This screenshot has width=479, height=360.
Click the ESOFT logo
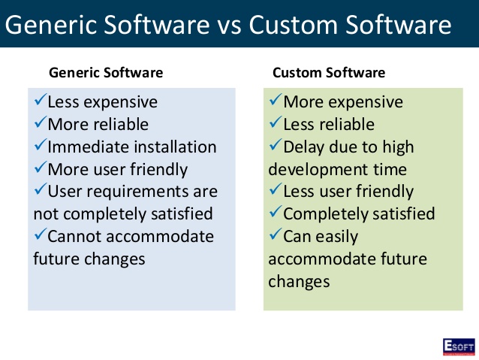[x=458, y=346]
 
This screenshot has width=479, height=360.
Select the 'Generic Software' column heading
[x=105, y=73]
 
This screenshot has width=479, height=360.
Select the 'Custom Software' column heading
[x=328, y=73]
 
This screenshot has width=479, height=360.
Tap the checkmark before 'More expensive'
[x=276, y=101]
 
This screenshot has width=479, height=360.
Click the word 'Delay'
[x=305, y=147]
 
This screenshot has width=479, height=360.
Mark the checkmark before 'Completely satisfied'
[x=276, y=213]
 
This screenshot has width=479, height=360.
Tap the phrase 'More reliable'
[x=98, y=124]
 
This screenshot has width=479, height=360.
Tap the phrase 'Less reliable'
[x=328, y=124]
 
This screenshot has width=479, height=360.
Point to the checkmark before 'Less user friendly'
[x=276, y=191]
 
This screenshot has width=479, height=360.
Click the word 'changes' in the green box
[x=299, y=282]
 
